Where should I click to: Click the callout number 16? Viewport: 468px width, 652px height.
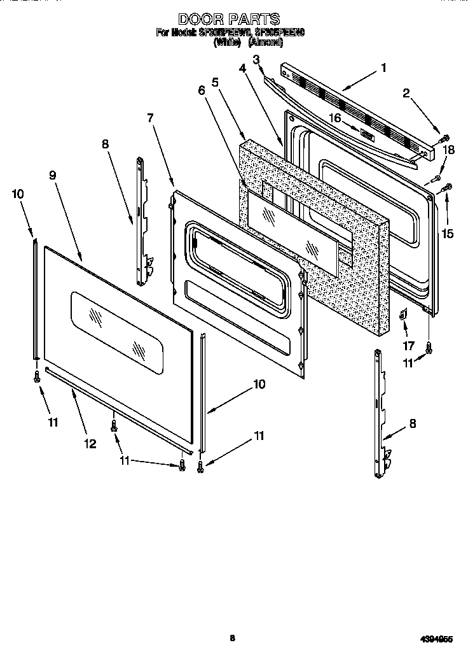click(x=334, y=118)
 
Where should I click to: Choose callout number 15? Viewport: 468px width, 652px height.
click(x=448, y=234)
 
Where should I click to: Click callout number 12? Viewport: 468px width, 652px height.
click(x=90, y=444)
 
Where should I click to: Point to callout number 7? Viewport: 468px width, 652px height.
click(x=150, y=118)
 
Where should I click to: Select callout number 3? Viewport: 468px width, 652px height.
click(x=256, y=60)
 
